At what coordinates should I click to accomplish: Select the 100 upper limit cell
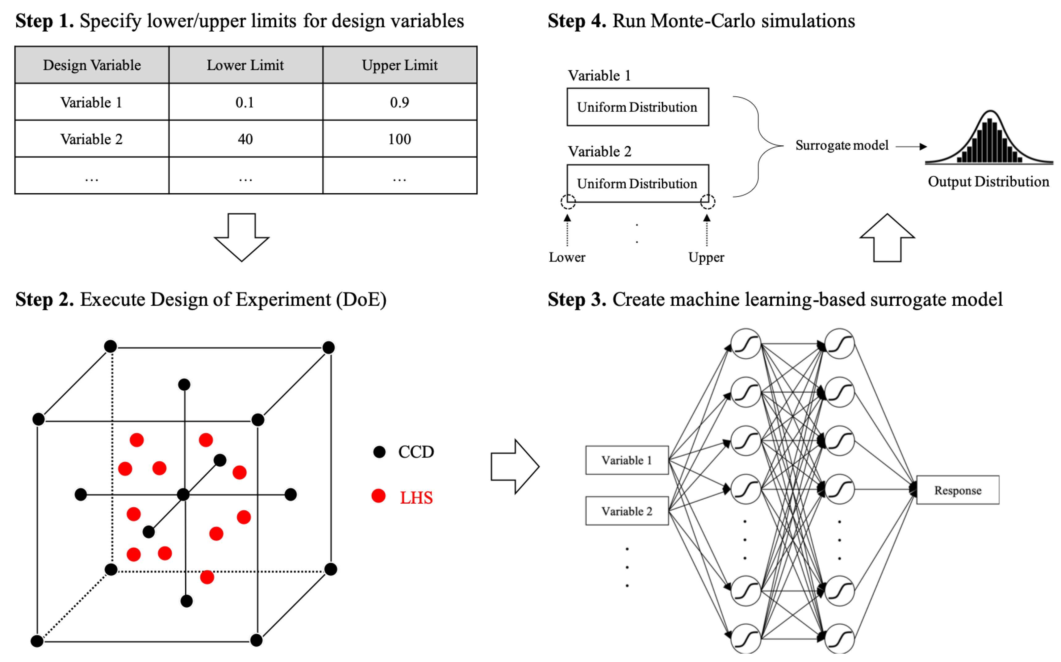(399, 139)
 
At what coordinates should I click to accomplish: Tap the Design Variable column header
(92, 65)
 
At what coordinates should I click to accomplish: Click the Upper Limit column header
(399, 65)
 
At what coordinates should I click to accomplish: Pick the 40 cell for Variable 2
(245, 139)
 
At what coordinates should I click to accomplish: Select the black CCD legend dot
(379, 452)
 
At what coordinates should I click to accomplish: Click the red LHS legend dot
(378, 496)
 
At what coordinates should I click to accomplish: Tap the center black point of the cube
(183, 495)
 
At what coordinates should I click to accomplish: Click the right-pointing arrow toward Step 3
(515, 467)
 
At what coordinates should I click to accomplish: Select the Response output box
(957, 490)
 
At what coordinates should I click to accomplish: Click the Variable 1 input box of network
(626, 460)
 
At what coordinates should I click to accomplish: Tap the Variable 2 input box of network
(626, 511)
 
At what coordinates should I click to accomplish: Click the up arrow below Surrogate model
(887, 239)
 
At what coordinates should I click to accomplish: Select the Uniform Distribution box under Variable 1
(637, 107)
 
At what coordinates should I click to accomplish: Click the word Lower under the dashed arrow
(566, 258)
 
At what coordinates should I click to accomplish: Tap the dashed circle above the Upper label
(707, 202)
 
